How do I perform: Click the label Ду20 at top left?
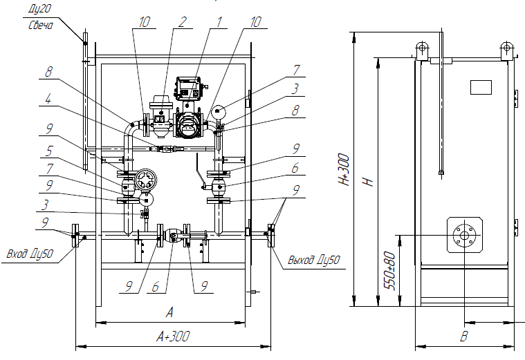coord(40,9)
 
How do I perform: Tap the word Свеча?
coord(41,25)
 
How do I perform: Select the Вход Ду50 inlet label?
coord(30,254)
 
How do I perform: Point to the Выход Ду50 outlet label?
coord(314,260)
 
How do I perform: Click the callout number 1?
coord(219,22)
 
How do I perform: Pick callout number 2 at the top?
coord(182,22)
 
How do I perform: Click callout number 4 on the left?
coord(49,99)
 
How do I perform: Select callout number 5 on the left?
coord(49,151)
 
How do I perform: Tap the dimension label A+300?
coord(173,336)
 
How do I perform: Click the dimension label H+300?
coord(344,169)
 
